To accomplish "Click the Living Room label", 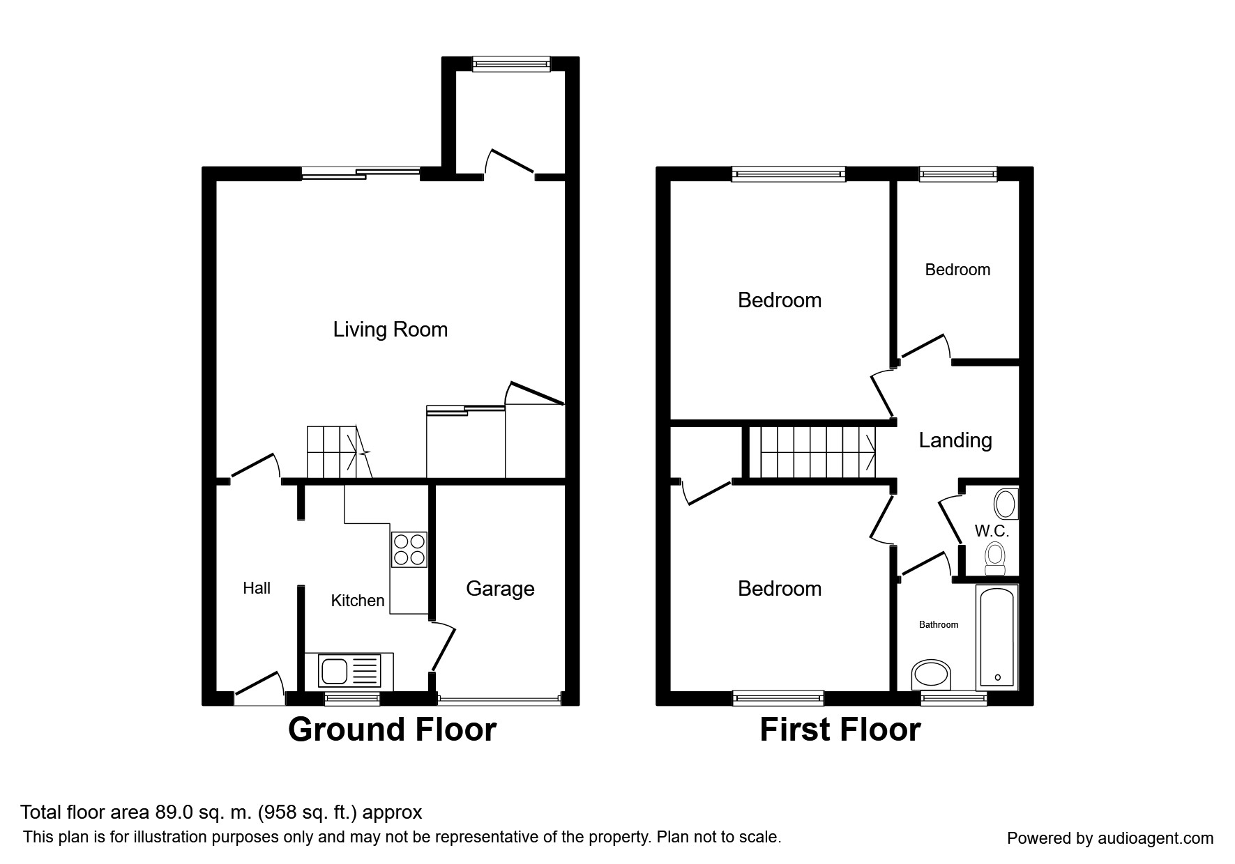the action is tap(390, 330).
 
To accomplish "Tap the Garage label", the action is tap(500, 589).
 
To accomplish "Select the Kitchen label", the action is tap(358, 601).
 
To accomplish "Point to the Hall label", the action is tap(257, 588).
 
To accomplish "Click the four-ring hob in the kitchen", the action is tap(409, 549).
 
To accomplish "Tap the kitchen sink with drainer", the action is tap(350, 671).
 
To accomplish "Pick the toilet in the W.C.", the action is tap(995, 560).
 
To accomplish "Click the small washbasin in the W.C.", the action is tap(1006, 503).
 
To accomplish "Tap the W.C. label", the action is tap(992, 531).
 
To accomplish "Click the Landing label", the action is tap(955, 440).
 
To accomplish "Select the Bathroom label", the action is tap(939, 625).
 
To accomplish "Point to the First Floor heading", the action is tap(840, 730).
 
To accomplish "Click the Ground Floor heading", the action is tap(392, 730).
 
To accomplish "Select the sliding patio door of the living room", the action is tap(361, 173).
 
